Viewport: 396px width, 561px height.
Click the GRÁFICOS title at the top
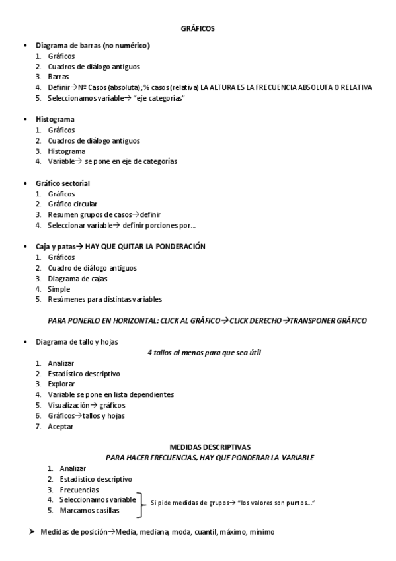[198, 28]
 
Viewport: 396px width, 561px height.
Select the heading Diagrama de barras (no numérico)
[93, 46]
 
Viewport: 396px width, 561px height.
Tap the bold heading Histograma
[55, 119]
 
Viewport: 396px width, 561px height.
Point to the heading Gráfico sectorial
[63, 183]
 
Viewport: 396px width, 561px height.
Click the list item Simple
[58, 288]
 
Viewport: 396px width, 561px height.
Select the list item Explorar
[61, 384]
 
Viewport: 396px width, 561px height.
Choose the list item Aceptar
[60, 426]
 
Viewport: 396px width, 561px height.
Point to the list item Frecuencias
[79, 490]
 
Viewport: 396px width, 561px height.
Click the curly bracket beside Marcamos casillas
[141, 504]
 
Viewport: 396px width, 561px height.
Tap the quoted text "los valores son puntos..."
[276, 503]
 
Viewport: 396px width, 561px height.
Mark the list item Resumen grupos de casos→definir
[104, 214]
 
